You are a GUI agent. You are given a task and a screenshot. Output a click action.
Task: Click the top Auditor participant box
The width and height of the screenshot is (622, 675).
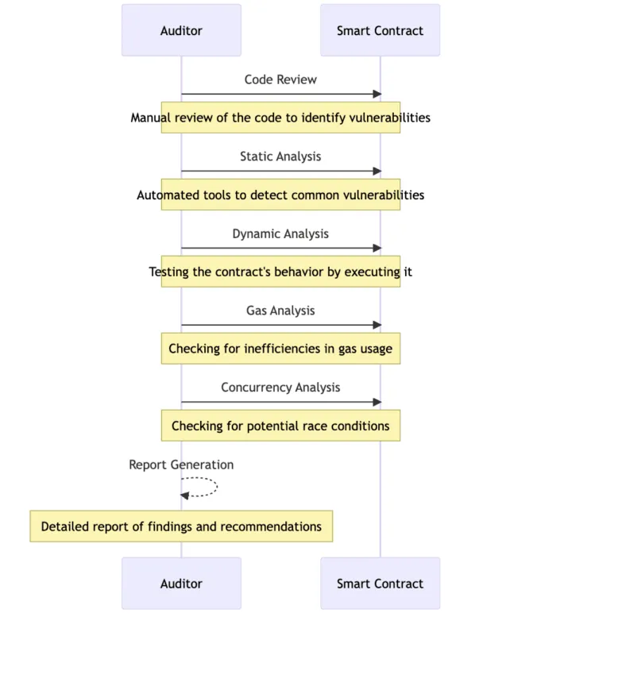pyautogui.click(x=181, y=30)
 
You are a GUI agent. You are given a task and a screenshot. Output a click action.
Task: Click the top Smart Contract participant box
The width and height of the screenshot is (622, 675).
pyautogui.click(x=380, y=30)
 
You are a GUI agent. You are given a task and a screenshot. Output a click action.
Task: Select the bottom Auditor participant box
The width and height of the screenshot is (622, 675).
pyautogui.click(x=181, y=584)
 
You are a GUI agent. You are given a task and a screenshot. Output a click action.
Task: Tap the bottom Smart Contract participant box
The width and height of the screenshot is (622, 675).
pyautogui.click(x=380, y=584)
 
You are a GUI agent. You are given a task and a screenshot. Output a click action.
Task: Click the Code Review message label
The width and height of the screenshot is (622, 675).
pyautogui.click(x=280, y=79)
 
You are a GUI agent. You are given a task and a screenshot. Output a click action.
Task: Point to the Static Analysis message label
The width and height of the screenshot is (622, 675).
pyautogui.click(x=280, y=156)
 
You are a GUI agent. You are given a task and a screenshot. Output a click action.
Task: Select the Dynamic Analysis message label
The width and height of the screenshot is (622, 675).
pyautogui.click(x=280, y=233)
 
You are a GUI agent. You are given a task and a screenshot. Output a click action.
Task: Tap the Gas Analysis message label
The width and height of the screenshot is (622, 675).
pyautogui.click(x=280, y=310)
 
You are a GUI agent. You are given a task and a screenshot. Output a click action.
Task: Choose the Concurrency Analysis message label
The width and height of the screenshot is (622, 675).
pyautogui.click(x=280, y=388)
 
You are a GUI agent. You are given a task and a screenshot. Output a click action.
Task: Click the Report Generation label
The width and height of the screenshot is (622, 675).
pyautogui.click(x=181, y=465)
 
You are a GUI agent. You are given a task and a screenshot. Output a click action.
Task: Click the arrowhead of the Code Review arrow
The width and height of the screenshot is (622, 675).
pyautogui.click(x=377, y=94)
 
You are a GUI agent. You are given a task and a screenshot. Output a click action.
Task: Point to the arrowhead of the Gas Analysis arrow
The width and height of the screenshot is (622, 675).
pyautogui.click(x=377, y=325)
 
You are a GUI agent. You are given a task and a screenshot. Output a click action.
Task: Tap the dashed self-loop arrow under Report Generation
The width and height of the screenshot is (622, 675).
pyautogui.click(x=217, y=487)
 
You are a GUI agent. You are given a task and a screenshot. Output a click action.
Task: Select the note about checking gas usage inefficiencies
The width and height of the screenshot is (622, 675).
pyautogui.click(x=280, y=349)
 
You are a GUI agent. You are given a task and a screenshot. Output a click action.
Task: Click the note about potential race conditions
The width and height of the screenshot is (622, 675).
pyautogui.click(x=280, y=426)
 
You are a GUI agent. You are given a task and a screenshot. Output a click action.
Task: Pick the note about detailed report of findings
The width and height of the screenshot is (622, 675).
pyautogui.click(x=181, y=526)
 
